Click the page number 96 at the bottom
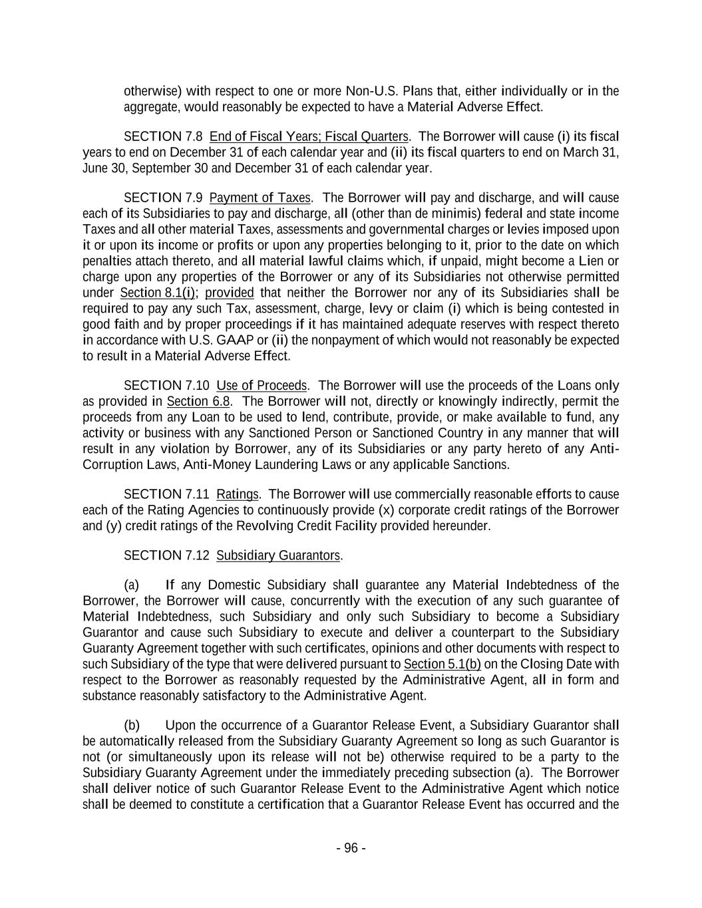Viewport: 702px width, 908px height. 351,848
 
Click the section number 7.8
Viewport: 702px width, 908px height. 193,136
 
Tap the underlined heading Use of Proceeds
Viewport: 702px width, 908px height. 262,386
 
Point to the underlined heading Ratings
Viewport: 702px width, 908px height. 238,494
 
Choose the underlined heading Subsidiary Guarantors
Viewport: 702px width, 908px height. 278,555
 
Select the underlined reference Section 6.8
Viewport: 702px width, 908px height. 198,401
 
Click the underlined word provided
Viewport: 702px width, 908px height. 230,293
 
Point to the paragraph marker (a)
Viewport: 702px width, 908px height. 132,585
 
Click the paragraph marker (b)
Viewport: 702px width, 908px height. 132,725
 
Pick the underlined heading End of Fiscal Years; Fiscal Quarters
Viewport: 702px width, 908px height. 309,136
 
